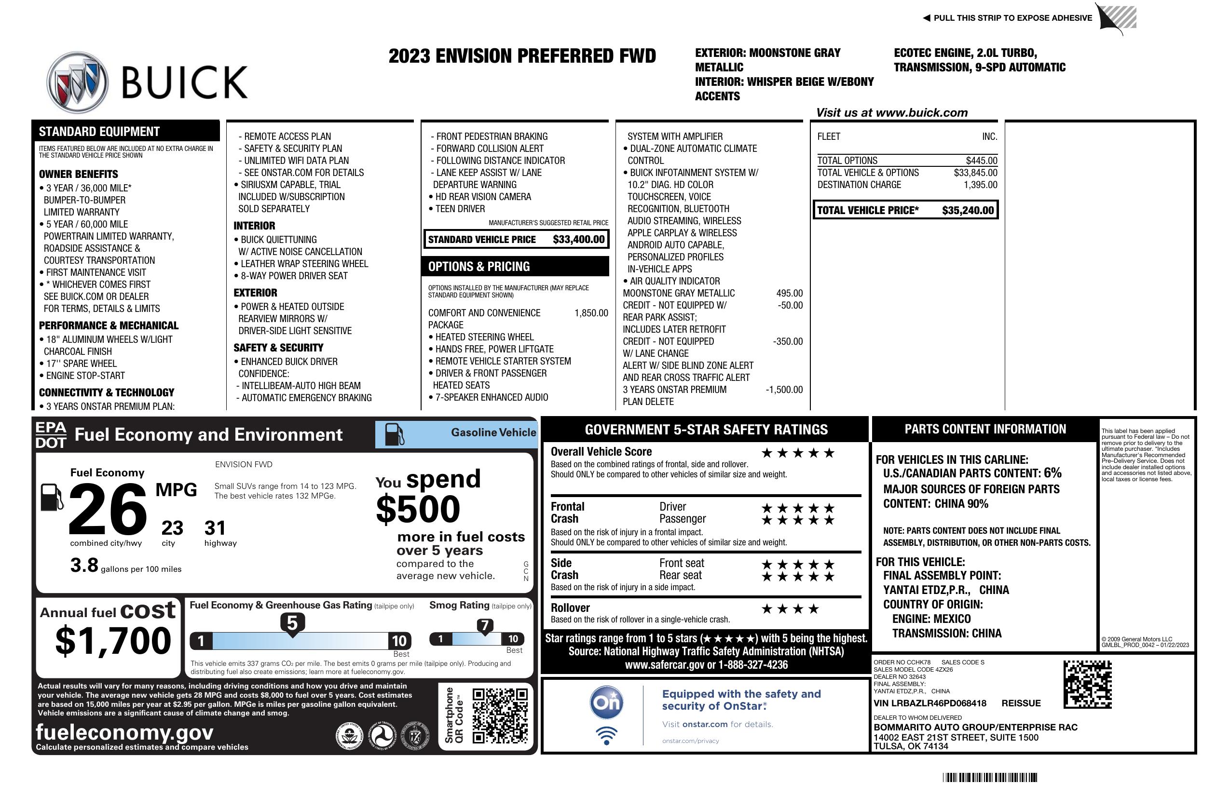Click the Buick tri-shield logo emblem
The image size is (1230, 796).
(x=78, y=81)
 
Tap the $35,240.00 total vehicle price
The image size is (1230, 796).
(x=968, y=210)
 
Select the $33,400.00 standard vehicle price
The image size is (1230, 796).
(x=578, y=239)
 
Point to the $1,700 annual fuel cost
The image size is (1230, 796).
(x=113, y=641)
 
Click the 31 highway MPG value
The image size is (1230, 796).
(x=215, y=528)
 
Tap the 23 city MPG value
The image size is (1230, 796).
(x=172, y=528)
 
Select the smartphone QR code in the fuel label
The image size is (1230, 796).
(x=500, y=715)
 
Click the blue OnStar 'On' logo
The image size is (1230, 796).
(x=606, y=702)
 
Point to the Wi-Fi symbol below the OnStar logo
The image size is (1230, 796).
(x=606, y=736)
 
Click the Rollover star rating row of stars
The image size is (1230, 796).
(x=790, y=609)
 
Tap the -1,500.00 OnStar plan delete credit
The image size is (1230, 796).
(x=784, y=390)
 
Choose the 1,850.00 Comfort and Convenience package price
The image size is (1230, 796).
(x=591, y=313)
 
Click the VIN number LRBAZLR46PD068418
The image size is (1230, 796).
(x=930, y=703)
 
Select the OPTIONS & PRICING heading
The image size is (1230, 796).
(x=479, y=267)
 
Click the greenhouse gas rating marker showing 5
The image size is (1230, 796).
(x=292, y=624)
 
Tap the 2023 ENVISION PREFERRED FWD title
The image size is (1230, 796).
(x=522, y=56)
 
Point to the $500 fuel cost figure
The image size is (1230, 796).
(x=418, y=509)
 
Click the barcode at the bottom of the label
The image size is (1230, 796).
(x=990, y=777)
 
